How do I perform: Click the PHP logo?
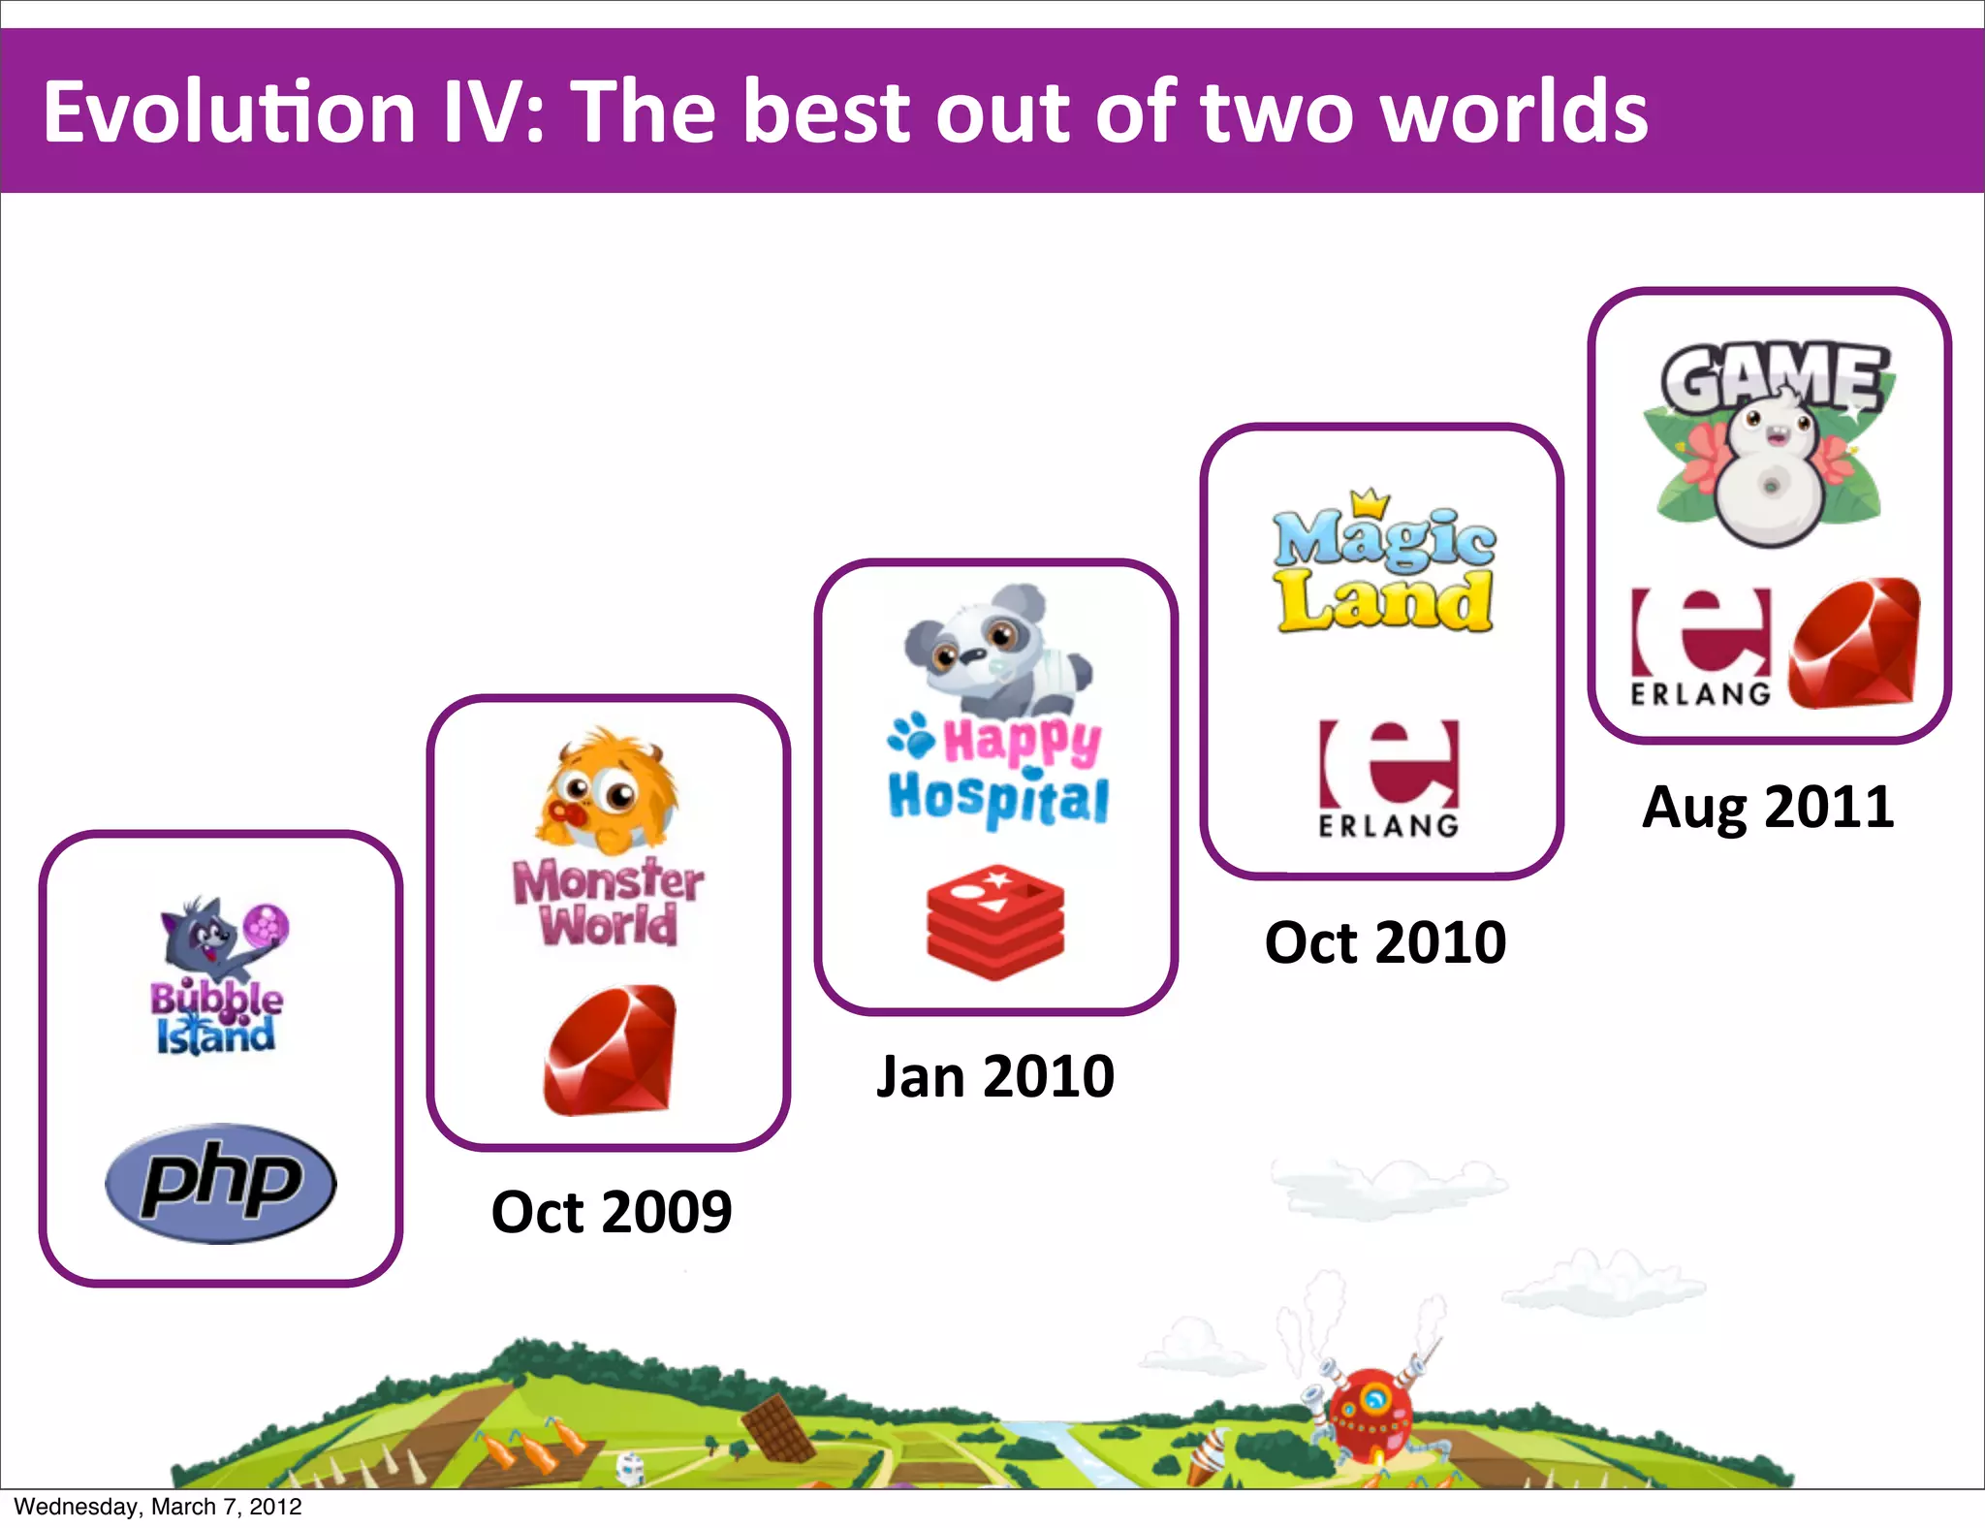tap(221, 1183)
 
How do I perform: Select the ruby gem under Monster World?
tap(610, 1051)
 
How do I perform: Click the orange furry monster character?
tap(607, 790)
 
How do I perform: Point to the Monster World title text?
tap(609, 902)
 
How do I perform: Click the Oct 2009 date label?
tap(611, 1212)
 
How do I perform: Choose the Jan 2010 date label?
tap(995, 1076)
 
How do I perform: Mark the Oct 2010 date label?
tap(1385, 942)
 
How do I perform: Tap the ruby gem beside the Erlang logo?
tap(1854, 644)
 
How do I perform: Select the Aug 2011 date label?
tap(1768, 807)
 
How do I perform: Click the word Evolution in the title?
tap(229, 112)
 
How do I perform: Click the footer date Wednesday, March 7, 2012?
tap(158, 1507)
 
